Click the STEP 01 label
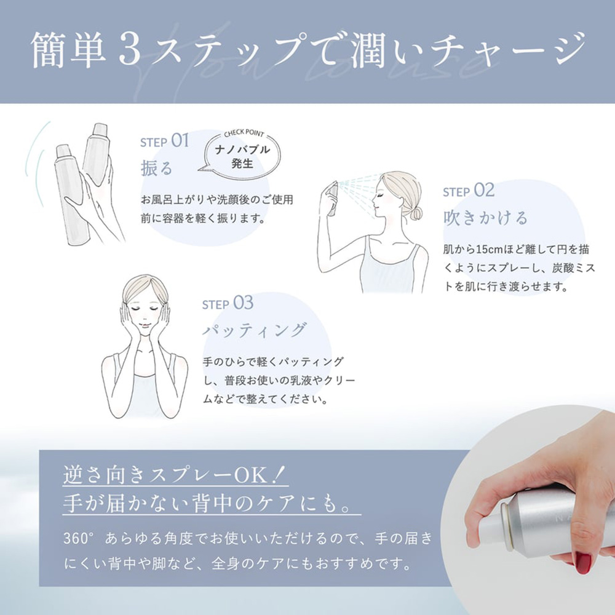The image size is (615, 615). point(164,141)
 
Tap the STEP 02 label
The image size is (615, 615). point(469,191)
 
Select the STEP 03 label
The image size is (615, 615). point(228,304)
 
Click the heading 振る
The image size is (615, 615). point(157,168)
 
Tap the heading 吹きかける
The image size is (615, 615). point(485,218)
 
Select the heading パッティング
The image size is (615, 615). point(255,330)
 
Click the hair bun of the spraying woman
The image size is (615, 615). point(416,213)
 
